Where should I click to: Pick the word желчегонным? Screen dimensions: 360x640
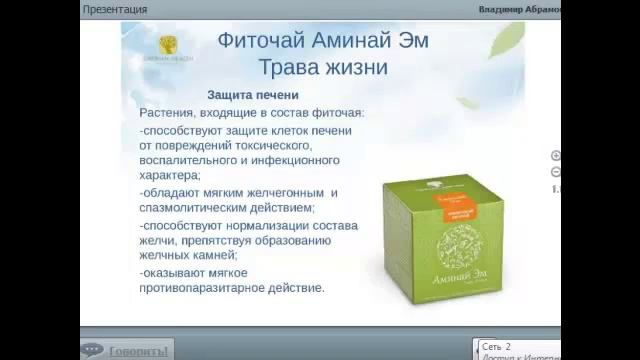(x=276, y=192)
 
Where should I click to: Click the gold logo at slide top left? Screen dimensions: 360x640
(x=167, y=45)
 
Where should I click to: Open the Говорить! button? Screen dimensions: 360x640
(x=128, y=351)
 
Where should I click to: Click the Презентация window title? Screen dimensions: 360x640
(x=116, y=9)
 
